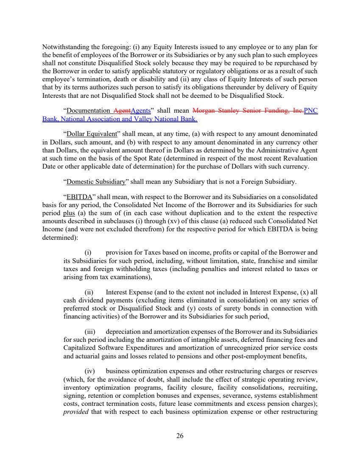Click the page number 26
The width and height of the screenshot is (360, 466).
pyautogui.click(x=180, y=435)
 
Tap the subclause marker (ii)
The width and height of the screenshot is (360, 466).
pyautogui.click(x=89, y=292)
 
